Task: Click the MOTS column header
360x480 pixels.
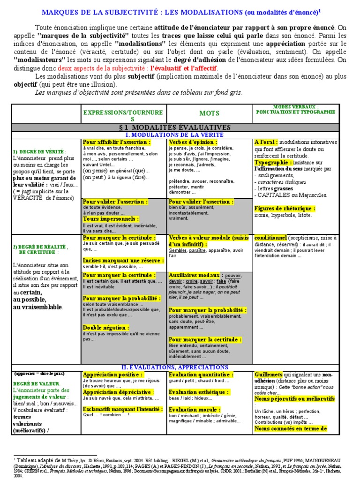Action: (x=209, y=113)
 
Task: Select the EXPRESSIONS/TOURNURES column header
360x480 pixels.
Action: (x=123, y=116)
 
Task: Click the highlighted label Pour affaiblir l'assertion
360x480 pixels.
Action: (x=117, y=142)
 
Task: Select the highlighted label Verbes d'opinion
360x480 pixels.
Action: (x=189, y=142)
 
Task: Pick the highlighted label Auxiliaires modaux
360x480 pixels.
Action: (x=194, y=275)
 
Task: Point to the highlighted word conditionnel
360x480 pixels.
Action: (x=270, y=238)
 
